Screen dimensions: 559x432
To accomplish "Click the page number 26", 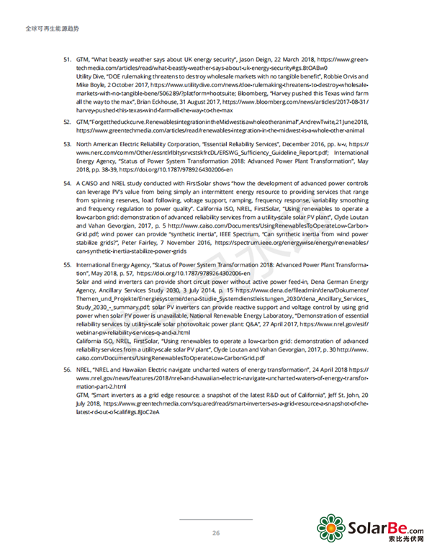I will click(x=215, y=532).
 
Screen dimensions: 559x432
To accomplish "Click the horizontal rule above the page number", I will click(x=215, y=519).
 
